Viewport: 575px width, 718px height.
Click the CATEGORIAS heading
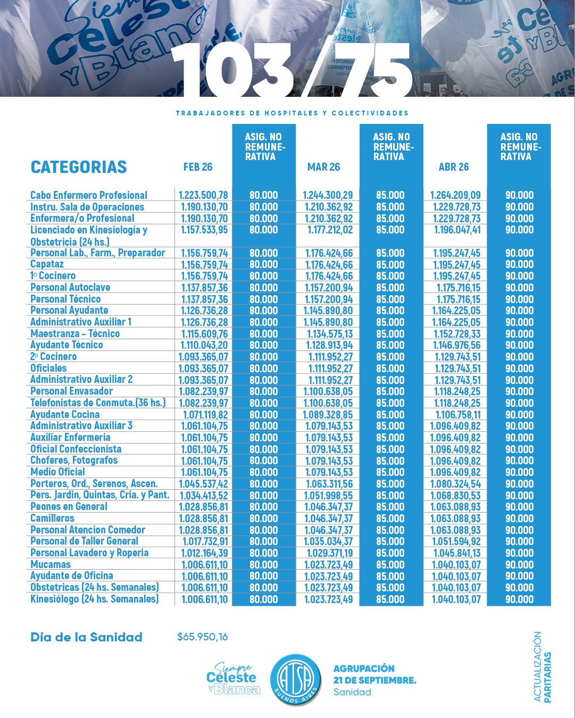click(79, 167)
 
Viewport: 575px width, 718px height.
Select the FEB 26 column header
click(198, 167)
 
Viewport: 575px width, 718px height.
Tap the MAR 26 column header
click(323, 167)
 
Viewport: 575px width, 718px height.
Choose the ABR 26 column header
click(454, 167)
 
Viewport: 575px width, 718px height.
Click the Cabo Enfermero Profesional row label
click(89, 195)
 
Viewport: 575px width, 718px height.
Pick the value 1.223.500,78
click(204, 195)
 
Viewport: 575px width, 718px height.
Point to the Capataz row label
click(47, 264)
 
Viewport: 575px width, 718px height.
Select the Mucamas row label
click(51, 564)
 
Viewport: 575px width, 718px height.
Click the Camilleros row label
click(52, 518)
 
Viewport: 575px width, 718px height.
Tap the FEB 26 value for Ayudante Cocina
click(205, 415)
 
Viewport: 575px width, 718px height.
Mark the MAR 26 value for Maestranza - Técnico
click(330, 334)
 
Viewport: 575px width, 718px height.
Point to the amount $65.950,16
click(202, 637)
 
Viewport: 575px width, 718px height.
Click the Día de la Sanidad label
click(86, 637)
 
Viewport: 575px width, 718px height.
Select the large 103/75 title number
click(291, 69)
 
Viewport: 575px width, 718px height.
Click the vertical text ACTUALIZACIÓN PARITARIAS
click(542, 667)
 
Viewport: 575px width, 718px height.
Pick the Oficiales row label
click(48, 368)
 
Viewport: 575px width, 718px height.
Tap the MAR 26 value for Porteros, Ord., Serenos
click(329, 484)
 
